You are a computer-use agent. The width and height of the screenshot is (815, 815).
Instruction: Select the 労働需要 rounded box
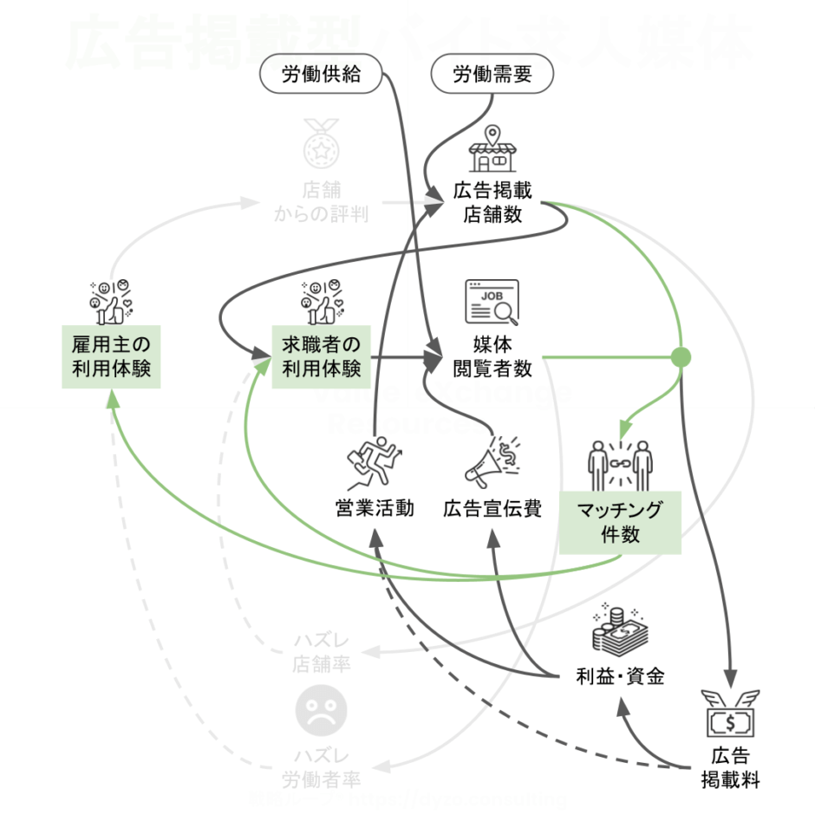point(492,75)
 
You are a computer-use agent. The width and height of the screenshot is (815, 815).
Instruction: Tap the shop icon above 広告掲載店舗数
point(492,150)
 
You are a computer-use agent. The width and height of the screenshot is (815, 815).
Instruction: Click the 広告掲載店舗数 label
point(492,202)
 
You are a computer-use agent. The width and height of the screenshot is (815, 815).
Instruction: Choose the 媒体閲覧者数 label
point(492,355)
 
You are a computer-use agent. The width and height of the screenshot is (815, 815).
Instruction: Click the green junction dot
point(681,357)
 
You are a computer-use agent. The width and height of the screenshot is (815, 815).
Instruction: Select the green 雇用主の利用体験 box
point(112,355)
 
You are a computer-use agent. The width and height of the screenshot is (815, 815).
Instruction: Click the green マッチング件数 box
point(620,522)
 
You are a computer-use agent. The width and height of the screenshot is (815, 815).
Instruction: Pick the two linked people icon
point(619,465)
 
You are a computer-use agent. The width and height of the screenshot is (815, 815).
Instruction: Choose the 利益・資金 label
point(620,676)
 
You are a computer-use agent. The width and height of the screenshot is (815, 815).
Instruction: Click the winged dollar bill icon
point(731,714)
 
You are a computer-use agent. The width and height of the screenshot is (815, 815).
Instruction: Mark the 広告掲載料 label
point(731,766)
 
